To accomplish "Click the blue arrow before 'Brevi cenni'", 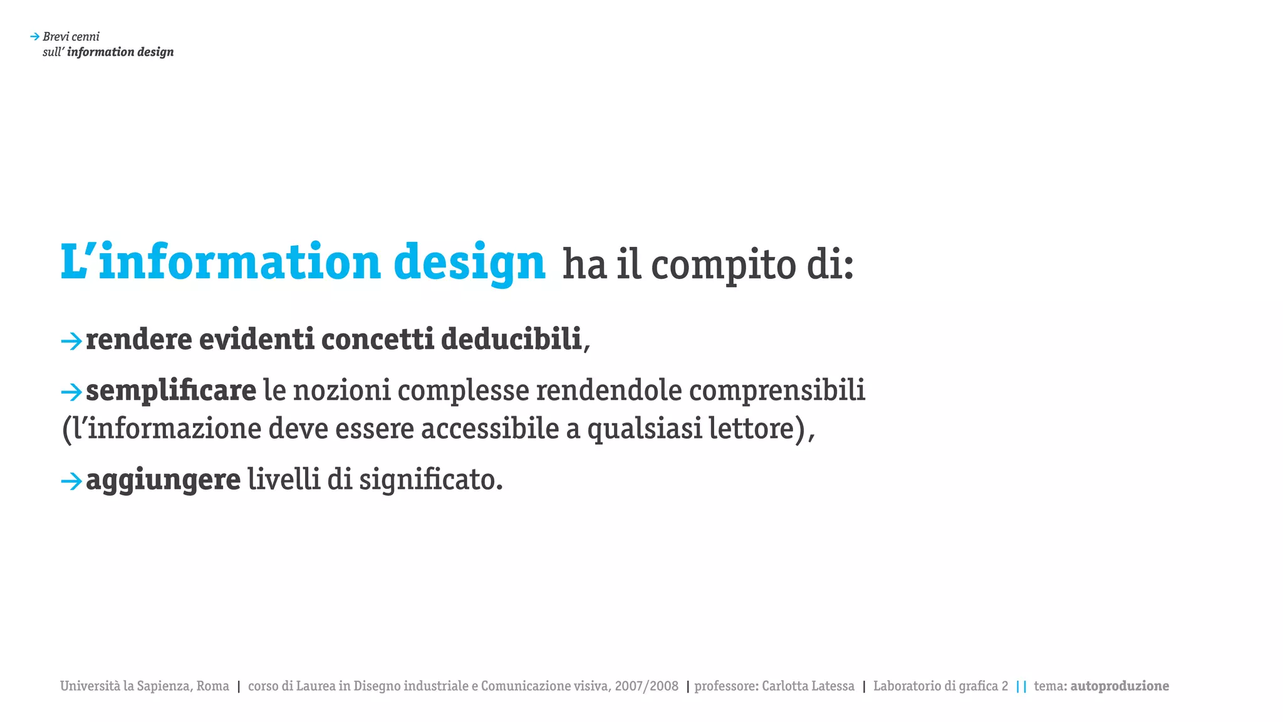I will (x=35, y=37).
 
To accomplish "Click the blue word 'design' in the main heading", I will (x=469, y=263).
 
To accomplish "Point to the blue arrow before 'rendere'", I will (x=71, y=341).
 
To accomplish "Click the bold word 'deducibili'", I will (x=511, y=339).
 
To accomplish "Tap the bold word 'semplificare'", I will (x=171, y=390).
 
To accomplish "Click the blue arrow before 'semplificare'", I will (x=71, y=392).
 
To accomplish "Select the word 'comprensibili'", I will (x=777, y=390).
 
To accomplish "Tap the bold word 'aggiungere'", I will (x=163, y=480).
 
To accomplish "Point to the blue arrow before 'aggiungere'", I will (x=71, y=481).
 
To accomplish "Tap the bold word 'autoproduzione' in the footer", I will (x=1119, y=686).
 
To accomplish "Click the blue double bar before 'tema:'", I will (x=1021, y=686).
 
